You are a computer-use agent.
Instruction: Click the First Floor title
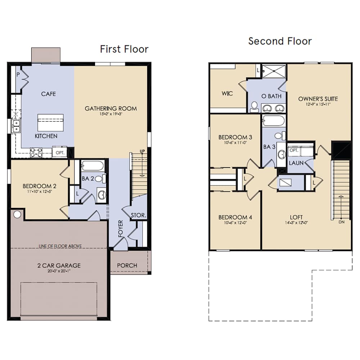124,49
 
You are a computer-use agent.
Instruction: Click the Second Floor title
280,41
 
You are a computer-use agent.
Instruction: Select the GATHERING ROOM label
111,108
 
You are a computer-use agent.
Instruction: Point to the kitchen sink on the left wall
16,126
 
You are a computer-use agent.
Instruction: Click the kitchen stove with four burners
36,153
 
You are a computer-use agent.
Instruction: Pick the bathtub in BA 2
93,166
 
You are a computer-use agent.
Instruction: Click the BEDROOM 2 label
39,186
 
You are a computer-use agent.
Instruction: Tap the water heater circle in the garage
17,215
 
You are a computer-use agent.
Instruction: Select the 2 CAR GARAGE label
59,266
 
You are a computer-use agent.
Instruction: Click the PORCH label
127,265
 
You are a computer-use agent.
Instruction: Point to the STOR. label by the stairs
138,216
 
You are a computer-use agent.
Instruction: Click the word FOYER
121,229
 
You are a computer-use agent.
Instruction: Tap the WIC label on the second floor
227,94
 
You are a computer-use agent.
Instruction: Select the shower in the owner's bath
274,71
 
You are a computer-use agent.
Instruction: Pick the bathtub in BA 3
274,120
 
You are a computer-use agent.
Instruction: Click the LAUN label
296,163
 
